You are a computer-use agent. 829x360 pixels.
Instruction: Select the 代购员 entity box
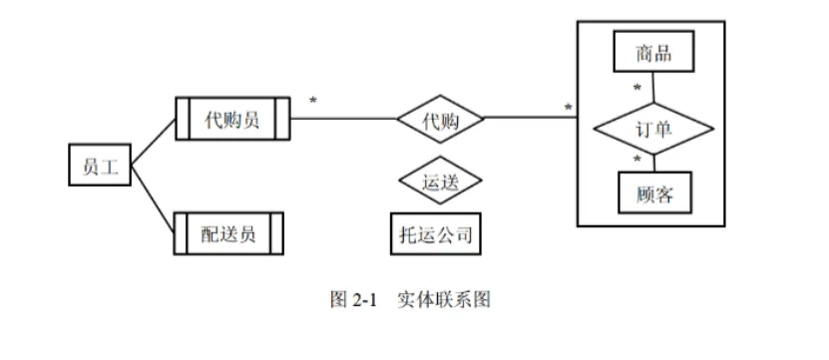tap(231, 120)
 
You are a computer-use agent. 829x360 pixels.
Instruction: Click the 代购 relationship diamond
tap(440, 120)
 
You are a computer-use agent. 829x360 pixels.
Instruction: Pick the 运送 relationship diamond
tap(440, 182)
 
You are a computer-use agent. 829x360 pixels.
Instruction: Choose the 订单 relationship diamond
tap(653, 130)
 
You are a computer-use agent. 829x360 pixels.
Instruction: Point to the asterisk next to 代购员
tap(312, 102)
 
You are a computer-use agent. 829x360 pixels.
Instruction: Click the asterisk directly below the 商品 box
tap(636, 88)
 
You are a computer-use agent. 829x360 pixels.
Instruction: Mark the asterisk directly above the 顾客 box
tap(635, 160)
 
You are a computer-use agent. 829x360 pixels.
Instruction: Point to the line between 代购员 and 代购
tap(344, 120)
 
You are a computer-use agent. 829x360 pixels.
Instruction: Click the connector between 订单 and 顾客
tap(653, 163)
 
